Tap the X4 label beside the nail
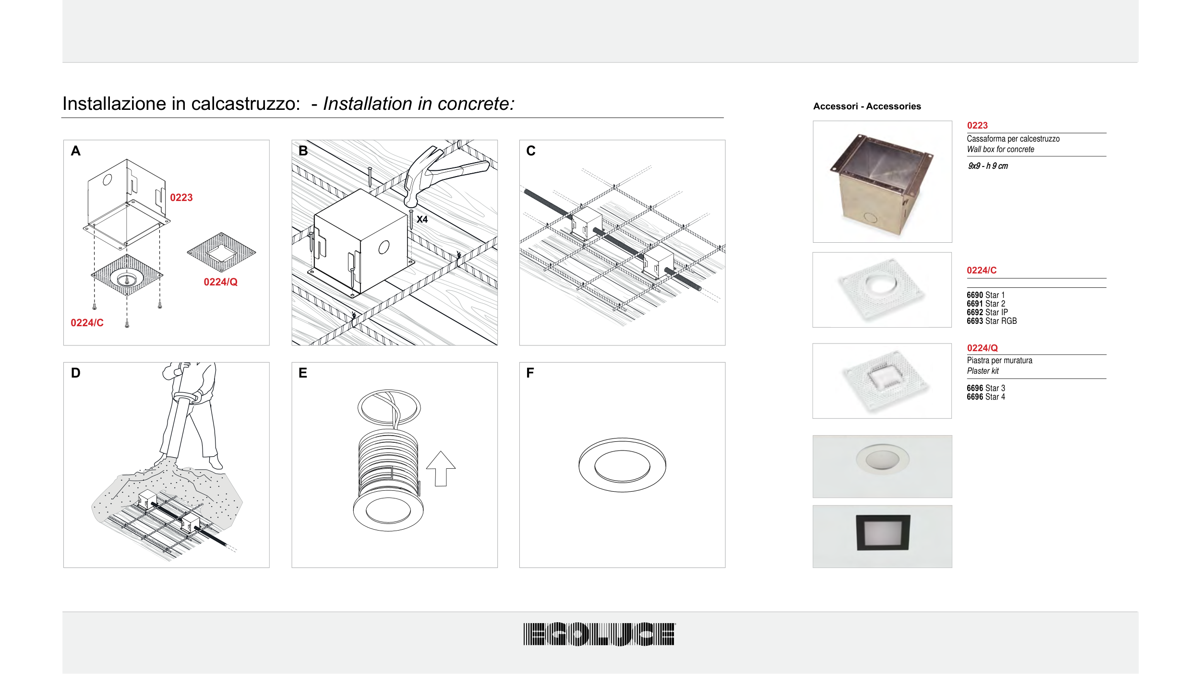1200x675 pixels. coord(422,219)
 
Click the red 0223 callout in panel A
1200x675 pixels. coord(181,198)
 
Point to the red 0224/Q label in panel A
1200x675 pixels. coord(221,282)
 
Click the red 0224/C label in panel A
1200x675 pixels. coord(87,323)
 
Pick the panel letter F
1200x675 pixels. coord(530,373)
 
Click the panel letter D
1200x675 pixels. coord(75,373)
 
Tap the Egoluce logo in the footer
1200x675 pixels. coord(599,634)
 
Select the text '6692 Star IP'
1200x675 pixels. coord(987,312)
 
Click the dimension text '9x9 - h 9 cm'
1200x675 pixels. coord(988,166)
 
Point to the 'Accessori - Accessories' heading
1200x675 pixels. coord(867,107)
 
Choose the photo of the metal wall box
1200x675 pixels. coord(882,181)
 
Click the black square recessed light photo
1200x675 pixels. coord(882,536)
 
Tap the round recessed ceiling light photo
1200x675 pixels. coord(882,466)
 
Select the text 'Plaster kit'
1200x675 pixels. coord(983,371)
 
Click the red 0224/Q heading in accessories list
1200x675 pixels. coord(982,348)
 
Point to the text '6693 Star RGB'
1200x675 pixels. coord(992,321)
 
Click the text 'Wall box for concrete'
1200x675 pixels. coord(1000,149)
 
